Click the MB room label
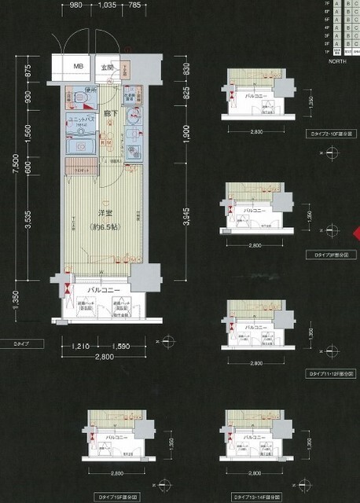click(x=79, y=67)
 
